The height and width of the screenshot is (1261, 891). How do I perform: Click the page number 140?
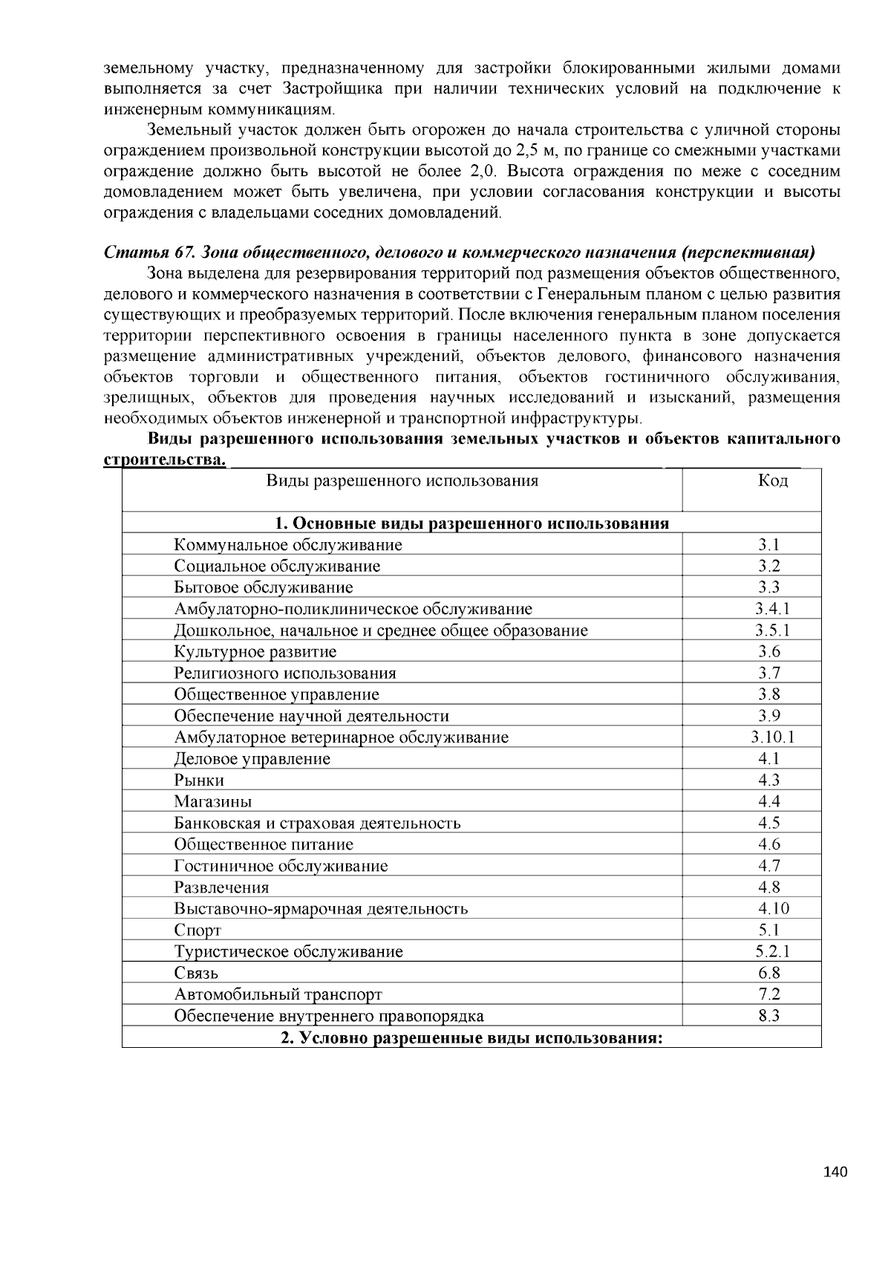835,1173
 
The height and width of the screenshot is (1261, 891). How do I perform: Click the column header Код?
772,480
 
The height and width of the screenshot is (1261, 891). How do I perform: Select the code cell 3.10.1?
772,737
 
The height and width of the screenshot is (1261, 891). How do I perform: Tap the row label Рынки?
199,781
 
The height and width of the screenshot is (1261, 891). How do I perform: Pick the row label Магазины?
213,802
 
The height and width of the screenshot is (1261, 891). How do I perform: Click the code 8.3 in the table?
769,1016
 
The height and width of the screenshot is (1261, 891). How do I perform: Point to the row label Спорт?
198,931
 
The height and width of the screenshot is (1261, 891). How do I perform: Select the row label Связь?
196,974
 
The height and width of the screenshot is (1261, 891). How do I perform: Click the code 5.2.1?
772,951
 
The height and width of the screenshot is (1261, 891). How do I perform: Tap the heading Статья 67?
148,251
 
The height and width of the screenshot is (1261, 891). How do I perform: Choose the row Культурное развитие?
255,652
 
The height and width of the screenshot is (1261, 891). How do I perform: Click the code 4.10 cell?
773,908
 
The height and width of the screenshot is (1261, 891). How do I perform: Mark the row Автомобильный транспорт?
278,994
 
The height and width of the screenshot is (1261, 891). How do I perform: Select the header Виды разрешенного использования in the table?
402,480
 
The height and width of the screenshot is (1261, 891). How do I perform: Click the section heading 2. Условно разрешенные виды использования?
471,1037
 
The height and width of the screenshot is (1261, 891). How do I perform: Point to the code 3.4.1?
772,609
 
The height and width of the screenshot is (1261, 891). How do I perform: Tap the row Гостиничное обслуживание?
281,866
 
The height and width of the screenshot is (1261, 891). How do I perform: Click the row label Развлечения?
221,887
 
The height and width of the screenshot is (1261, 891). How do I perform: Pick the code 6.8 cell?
769,973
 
